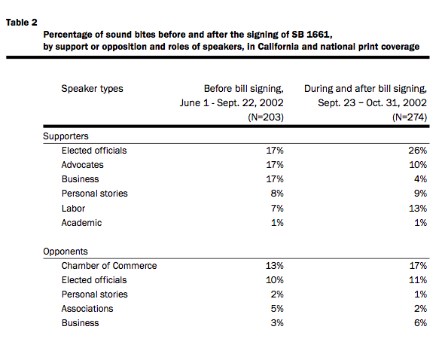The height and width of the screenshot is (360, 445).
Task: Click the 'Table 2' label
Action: click(x=22, y=23)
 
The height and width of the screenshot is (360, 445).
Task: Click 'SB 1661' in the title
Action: click(x=310, y=35)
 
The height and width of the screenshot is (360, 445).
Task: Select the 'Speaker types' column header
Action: click(x=92, y=89)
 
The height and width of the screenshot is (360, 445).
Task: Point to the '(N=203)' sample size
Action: click(x=266, y=117)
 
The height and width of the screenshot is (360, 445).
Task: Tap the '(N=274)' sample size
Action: click(x=410, y=117)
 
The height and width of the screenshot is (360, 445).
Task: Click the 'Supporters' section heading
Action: click(x=66, y=136)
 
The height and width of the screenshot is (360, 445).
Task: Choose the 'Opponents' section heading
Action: click(x=66, y=252)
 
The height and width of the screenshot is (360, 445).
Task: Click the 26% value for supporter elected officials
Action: click(x=417, y=151)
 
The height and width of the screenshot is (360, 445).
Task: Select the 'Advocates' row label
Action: click(x=83, y=165)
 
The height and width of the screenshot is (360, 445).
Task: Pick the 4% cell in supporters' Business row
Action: click(x=420, y=179)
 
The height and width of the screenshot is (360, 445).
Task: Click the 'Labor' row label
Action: click(x=73, y=209)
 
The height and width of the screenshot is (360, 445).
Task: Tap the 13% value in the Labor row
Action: click(x=418, y=209)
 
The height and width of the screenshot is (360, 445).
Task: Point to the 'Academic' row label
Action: click(x=81, y=223)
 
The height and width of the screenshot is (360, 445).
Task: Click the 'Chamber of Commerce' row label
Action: click(x=109, y=266)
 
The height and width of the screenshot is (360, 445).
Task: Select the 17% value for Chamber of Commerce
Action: click(x=418, y=266)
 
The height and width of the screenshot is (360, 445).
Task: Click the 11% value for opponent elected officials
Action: click(x=418, y=280)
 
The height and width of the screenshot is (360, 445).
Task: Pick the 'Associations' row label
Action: click(x=87, y=309)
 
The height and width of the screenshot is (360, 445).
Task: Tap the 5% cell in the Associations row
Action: click(x=277, y=309)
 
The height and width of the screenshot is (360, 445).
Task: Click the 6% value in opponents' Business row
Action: click(x=420, y=323)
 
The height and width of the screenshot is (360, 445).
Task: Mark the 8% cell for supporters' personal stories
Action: click(x=277, y=194)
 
